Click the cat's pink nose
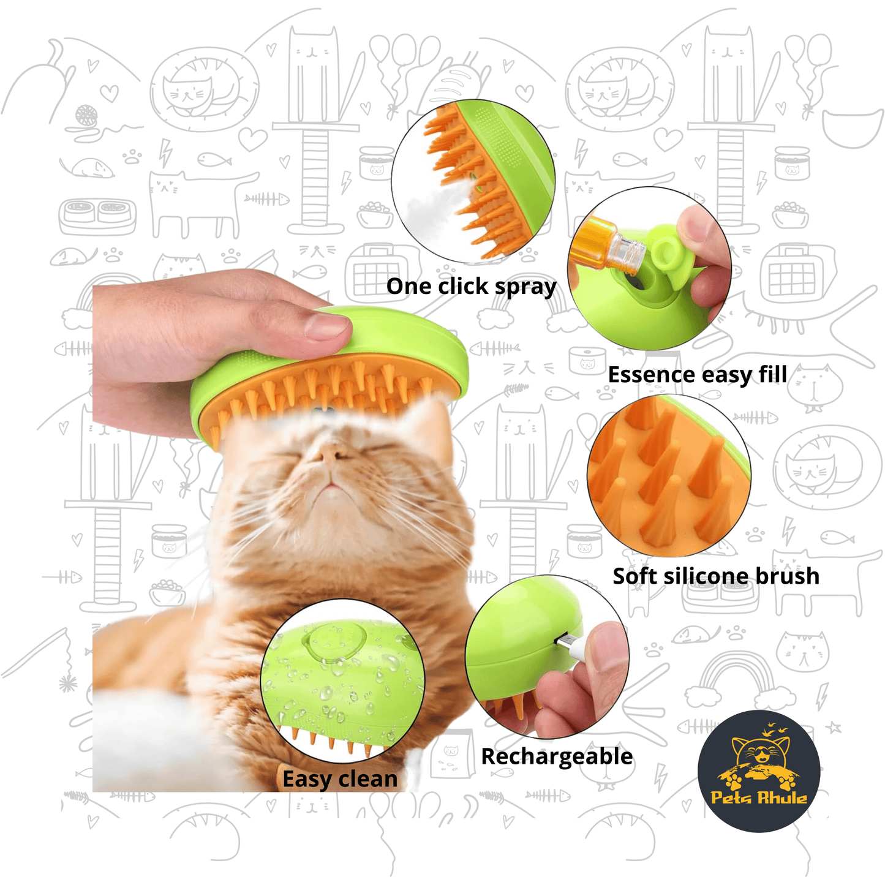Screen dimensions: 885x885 click(x=331, y=454)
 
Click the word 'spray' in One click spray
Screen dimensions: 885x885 click(x=525, y=287)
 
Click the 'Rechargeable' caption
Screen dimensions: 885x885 click(x=557, y=757)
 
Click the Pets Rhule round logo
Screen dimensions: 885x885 click(x=759, y=771)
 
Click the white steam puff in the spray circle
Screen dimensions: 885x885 click(x=432, y=208)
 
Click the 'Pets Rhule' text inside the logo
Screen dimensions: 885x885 click(x=759, y=797)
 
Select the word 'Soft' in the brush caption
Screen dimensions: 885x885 click(x=635, y=576)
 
